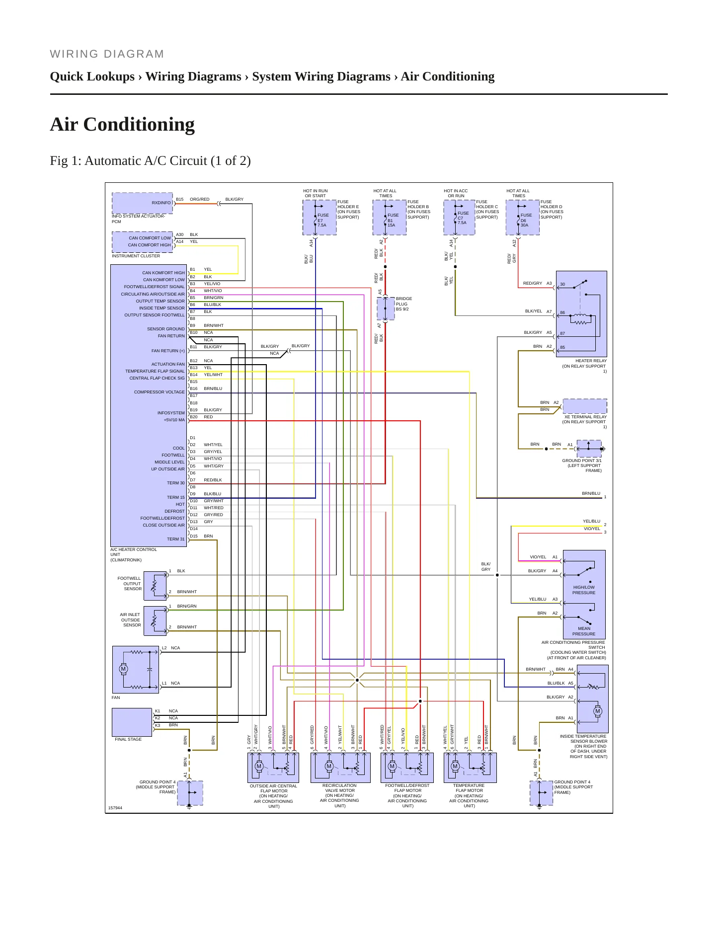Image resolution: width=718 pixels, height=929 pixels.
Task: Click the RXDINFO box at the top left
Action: coord(142,203)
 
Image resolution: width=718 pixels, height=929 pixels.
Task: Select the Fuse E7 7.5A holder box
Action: coord(319,217)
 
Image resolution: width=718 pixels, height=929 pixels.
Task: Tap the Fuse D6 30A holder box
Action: coord(522,217)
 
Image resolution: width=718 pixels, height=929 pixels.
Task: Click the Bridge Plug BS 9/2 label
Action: coord(403,304)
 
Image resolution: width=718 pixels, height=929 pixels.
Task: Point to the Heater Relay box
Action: coord(581,313)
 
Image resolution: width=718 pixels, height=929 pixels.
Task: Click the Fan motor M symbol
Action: coord(123,669)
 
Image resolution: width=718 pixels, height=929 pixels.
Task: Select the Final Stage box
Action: coord(132,722)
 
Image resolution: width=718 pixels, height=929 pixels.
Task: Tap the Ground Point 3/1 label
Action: coord(582,465)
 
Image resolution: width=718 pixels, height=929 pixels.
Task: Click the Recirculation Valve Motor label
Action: coord(340,795)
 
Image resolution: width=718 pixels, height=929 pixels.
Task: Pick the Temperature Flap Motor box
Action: coord(470,768)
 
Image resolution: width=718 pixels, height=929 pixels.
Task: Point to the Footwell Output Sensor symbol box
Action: coord(155,586)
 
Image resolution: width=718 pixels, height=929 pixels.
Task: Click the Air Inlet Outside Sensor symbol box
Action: coord(155,620)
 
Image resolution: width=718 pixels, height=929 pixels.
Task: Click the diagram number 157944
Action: coord(115,808)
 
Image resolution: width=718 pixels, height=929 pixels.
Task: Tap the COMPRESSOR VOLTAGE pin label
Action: coord(159,392)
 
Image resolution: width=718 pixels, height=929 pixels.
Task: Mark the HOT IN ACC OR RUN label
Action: coord(456,193)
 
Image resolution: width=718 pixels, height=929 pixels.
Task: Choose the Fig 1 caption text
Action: coord(150,161)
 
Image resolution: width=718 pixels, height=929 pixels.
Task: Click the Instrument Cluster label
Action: coord(136,256)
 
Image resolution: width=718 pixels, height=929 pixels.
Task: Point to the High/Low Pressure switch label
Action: coord(584,590)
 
